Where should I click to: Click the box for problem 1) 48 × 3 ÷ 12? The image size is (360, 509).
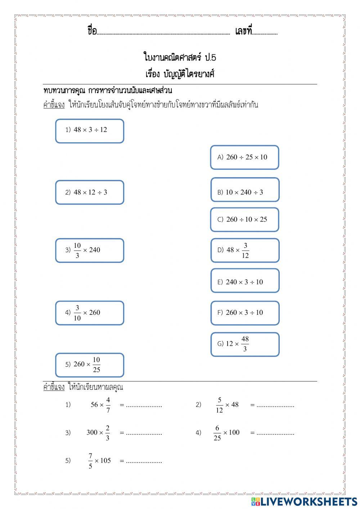tap(90, 131)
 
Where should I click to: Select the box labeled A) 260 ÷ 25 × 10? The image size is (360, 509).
tap(244, 157)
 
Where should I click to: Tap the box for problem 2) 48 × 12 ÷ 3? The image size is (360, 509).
tap(90, 192)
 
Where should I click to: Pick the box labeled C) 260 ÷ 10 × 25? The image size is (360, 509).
tap(244, 220)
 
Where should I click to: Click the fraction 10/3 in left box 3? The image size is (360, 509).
tap(77, 250)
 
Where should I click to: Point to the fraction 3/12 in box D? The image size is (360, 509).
tap(245, 250)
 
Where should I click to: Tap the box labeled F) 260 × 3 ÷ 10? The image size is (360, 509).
tap(244, 313)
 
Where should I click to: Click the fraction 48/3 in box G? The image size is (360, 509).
tap(245, 344)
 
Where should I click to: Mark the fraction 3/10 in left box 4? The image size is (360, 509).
tap(77, 313)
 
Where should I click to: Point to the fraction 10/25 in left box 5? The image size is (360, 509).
tap(96, 365)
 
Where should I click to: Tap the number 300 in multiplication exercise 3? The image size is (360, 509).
tap(92, 433)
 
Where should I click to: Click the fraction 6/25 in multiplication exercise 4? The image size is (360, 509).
tap(217, 433)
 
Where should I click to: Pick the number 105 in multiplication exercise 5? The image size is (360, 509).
tap(105, 460)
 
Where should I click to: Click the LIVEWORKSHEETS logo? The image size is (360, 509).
tap(304, 501)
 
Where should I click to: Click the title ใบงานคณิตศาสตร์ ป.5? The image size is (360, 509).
tap(180, 57)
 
